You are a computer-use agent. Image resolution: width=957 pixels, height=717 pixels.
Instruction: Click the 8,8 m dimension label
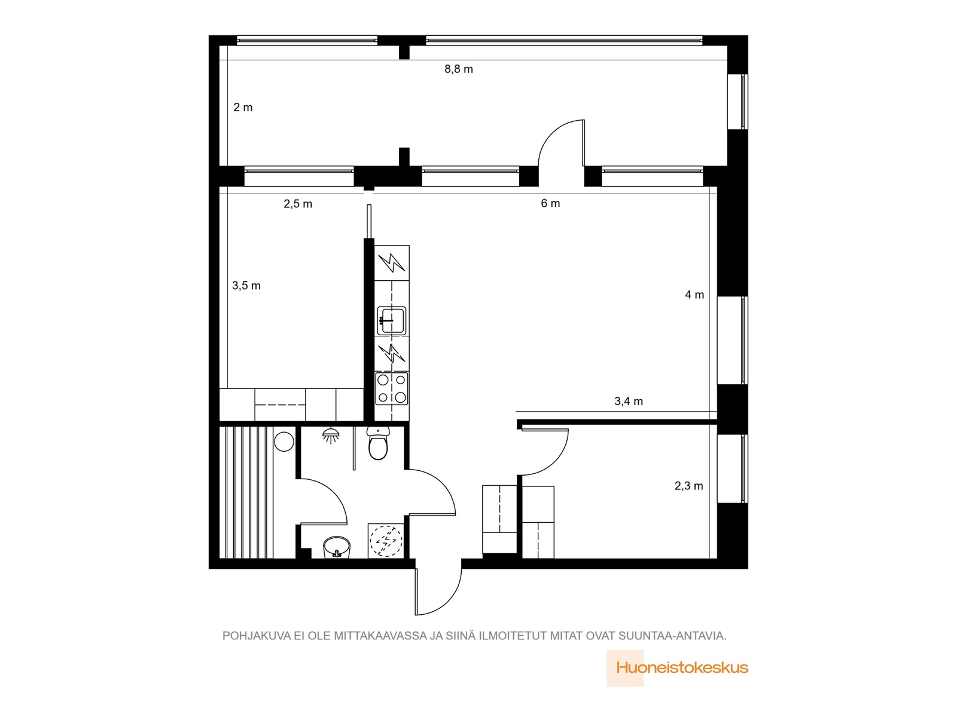pyautogui.click(x=458, y=69)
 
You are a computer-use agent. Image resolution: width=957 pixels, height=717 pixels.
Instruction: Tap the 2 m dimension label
pyautogui.click(x=243, y=107)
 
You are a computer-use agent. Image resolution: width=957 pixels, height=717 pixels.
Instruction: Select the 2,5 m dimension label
pyautogui.click(x=298, y=204)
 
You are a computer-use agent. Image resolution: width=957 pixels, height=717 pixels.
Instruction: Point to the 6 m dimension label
pyautogui.click(x=550, y=203)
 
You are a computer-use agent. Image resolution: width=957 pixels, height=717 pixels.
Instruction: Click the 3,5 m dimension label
pyautogui.click(x=246, y=286)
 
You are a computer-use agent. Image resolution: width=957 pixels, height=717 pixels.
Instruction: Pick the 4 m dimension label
pyautogui.click(x=694, y=295)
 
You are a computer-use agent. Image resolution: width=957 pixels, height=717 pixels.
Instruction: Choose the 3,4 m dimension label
pyautogui.click(x=628, y=402)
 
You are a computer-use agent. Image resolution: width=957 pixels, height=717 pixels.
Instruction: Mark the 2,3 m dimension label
pyautogui.click(x=689, y=486)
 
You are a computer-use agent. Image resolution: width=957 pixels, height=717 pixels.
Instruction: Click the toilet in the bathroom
pyautogui.click(x=378, y=443)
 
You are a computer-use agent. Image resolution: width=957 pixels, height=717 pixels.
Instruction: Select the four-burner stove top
pyautogui.click(x=392, y=388)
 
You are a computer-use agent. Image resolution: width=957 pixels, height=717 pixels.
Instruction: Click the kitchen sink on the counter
pyautogui.click(x=392, y=321)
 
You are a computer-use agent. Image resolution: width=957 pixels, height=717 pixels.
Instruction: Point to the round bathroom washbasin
pyautogui.click(x=337, y=546)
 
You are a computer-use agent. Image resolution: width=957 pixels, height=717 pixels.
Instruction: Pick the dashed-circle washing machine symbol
pyautogui.click(x=385, y=540)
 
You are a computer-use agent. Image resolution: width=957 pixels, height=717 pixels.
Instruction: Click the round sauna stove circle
pyautogui.click(x=284, y=441)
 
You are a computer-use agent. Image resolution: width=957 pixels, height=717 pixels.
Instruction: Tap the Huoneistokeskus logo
pyautogui.click(x=677, y=668)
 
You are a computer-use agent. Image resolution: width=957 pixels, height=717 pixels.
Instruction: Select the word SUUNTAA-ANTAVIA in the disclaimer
pyautogui.click(x=672, y=636)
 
